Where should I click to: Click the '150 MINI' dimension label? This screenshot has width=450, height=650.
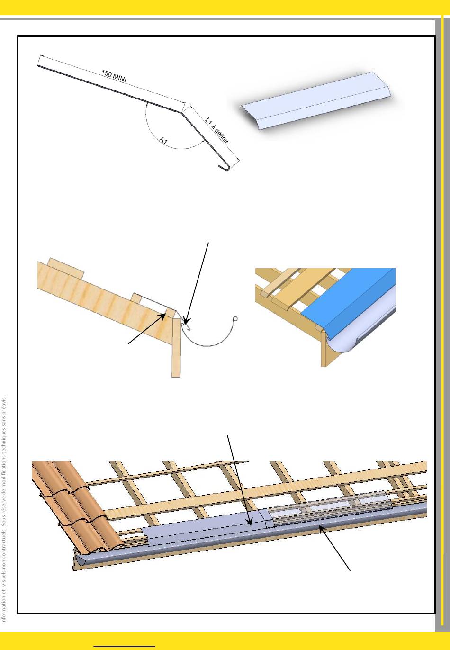(x=114, y=76)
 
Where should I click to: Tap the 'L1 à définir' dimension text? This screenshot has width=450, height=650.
(x=217, y=130)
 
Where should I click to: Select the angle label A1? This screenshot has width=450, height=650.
(x=163, y=141)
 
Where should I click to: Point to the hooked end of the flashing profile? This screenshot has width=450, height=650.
(x=224, y=167)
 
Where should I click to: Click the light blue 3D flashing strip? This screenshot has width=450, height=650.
(x=316, y=100)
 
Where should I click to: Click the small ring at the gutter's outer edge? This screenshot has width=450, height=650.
(x=235, y=319)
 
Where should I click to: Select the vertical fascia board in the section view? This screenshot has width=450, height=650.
(x=176, y=347)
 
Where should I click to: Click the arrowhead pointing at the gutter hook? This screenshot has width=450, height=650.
(x=186, y=322)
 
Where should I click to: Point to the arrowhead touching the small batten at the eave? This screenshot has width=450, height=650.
(x=164, y=316)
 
